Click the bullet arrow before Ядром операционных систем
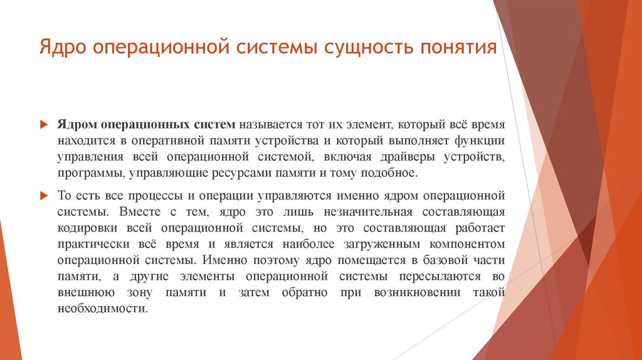click(x=44, y=125)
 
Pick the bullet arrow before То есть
click(x=44, y=196)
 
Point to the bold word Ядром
click(x=78, y=125)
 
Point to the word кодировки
click(x=83, y=228)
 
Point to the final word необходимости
click(x=102, y=309)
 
